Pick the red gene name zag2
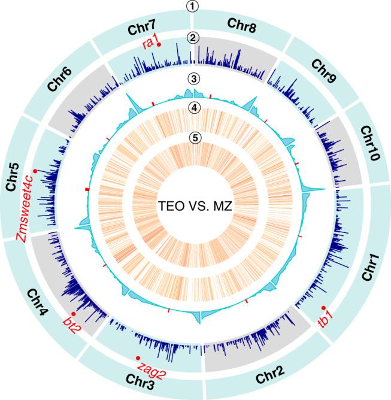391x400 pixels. pos(151,366)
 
